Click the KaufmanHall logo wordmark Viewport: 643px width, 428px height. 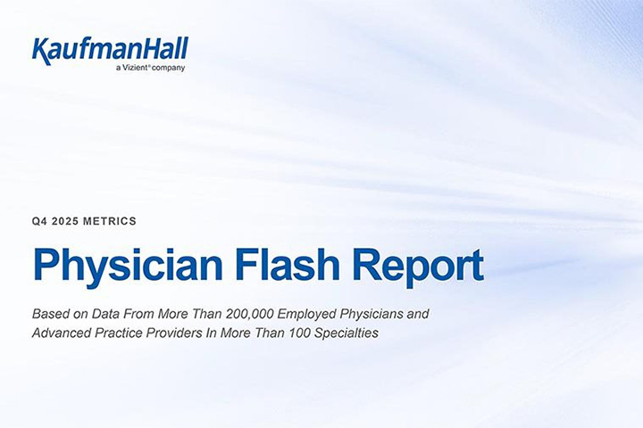click(110, 50)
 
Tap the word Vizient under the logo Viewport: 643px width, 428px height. click(136, 68)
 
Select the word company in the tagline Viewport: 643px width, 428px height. click(168, 69)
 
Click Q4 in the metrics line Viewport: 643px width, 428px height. click(40, 221)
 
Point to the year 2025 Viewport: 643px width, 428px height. click(65, 221)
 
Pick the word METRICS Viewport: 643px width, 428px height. click(110, 221)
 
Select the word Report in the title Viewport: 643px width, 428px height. click(418, 267)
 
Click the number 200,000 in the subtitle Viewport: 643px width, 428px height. click(250, 314)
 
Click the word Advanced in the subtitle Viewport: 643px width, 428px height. click(62, 333)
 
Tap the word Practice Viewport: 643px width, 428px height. click(119, 333)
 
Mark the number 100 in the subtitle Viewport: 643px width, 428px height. click(300, 333)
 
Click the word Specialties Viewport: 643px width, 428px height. click(347, 333)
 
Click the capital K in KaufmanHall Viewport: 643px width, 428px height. click(42, 51)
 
